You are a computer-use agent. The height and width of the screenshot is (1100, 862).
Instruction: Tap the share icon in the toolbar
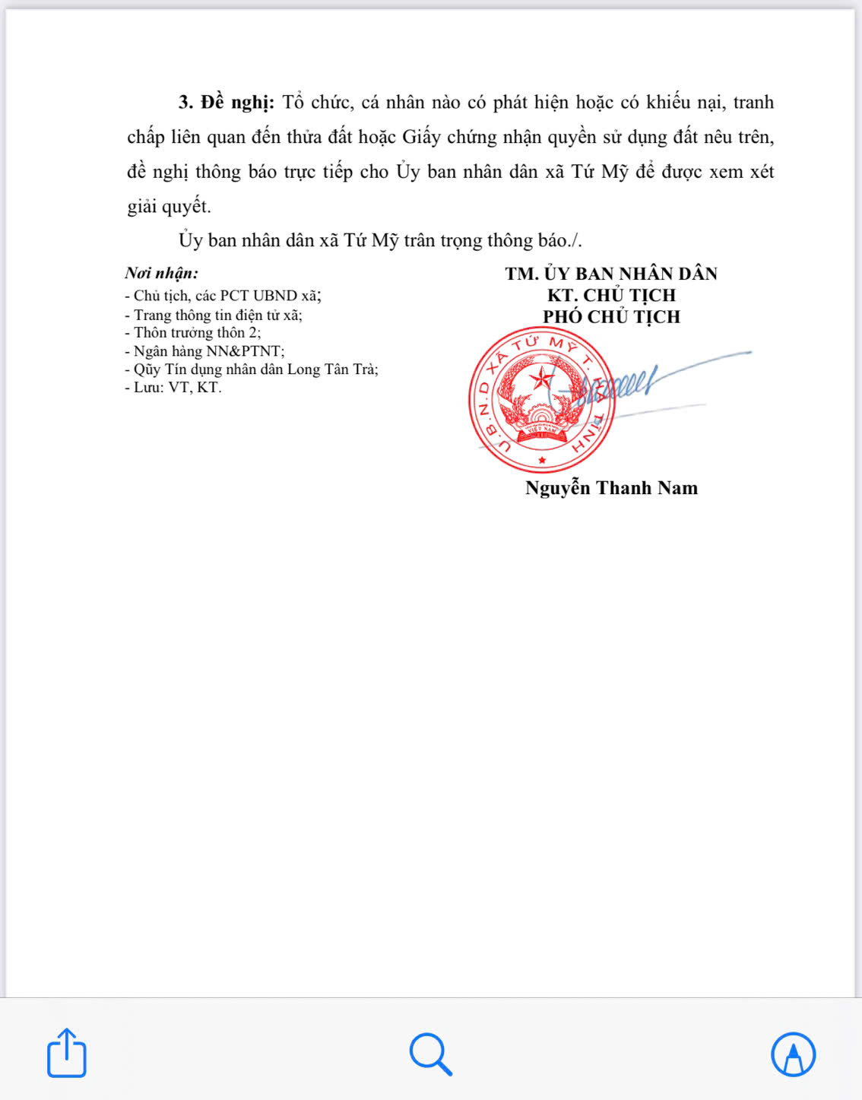[x=66, y=1053]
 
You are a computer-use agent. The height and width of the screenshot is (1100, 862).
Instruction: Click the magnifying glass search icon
[x=430, y=1054]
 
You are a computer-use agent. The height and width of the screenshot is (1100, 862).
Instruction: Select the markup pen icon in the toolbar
[x=793, y=1054]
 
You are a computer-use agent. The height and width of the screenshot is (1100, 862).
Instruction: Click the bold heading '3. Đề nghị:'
[x=226, y=103]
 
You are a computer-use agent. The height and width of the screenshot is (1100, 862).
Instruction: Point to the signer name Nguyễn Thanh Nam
[x=611, y=488]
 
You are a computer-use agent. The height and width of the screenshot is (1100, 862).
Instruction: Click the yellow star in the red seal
[x=541, y=377]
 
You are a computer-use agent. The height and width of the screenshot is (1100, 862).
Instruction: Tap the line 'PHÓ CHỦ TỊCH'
[x=611, y=317]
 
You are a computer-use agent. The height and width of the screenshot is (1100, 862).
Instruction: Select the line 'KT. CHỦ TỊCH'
[x=611, y=296]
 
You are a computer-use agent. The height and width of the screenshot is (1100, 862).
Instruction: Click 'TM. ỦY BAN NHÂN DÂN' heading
[x=611, y=274]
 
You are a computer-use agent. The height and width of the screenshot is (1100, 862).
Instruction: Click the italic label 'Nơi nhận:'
[x=162, y=274]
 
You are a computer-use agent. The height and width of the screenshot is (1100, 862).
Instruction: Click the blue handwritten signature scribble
[x=623, y=385]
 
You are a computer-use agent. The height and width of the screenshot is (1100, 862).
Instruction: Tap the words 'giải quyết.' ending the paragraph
[x=169, y=207]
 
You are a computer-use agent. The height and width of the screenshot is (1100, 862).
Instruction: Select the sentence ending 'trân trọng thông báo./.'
[x=380, y=241]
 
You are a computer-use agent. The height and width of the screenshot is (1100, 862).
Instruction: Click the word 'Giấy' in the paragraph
[x=421, y=138]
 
